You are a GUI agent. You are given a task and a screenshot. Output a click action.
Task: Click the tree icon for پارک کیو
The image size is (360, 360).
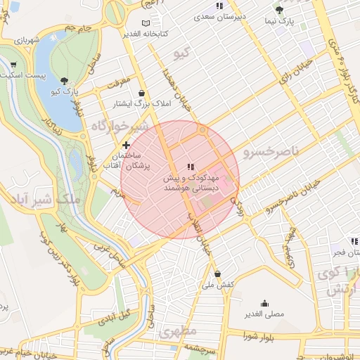click(x=65, y=81)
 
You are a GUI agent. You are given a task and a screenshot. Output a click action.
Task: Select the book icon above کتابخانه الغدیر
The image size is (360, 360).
click(x=146, y=23)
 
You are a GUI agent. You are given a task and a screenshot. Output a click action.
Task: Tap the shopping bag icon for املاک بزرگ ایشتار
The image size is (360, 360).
click(x=142, y=93)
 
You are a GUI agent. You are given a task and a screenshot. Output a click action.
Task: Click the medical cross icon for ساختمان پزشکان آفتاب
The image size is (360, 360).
click(x=127, y=145)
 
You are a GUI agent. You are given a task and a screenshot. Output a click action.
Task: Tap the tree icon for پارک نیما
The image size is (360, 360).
click(x=279, y=10)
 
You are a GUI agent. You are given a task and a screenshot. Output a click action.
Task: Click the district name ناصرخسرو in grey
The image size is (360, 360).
click(x=271, y=151)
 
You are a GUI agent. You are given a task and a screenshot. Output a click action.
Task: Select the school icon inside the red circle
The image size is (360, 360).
click(x=191, y=167)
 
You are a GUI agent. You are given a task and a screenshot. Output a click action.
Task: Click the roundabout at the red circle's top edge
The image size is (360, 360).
click(x=202, y=130)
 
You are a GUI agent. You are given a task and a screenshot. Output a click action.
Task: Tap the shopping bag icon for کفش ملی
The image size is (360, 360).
click(x=217, y=274)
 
